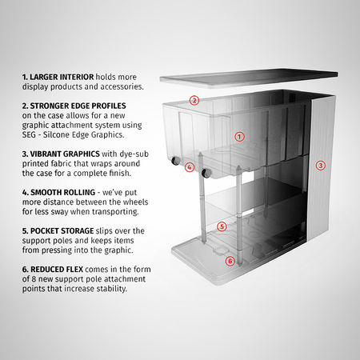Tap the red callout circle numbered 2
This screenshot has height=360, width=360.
coord(194,101)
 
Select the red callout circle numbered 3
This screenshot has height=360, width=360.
coord(320,166)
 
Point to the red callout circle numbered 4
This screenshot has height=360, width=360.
coord(190,167)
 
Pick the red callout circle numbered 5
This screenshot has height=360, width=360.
coord(222,226)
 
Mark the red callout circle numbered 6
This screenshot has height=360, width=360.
coord(230,261)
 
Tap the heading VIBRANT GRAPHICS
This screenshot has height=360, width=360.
coord(62,152)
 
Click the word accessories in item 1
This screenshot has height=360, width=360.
coord(119,86)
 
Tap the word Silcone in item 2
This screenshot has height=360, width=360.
coord(61,134)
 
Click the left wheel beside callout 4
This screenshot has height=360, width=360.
coord(174,164)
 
